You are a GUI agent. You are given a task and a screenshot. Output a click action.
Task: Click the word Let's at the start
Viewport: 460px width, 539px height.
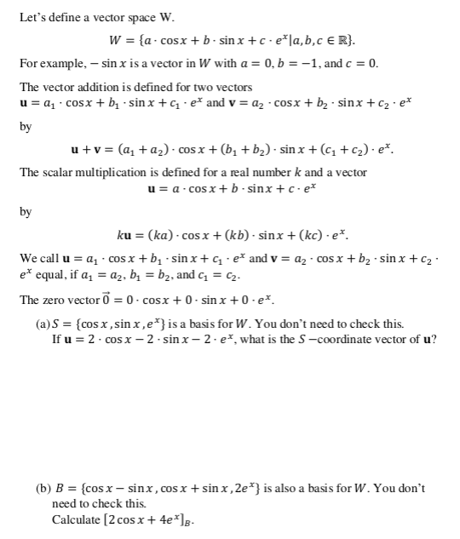click(x=31, y=13)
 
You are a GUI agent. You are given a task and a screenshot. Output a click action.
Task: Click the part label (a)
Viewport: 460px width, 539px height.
click(x=43, y=324)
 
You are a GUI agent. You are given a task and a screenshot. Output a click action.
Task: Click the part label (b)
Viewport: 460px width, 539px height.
click(x=43, y=488)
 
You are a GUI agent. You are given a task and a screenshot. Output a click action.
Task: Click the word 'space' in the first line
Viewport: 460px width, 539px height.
click(x=131, y=13)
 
